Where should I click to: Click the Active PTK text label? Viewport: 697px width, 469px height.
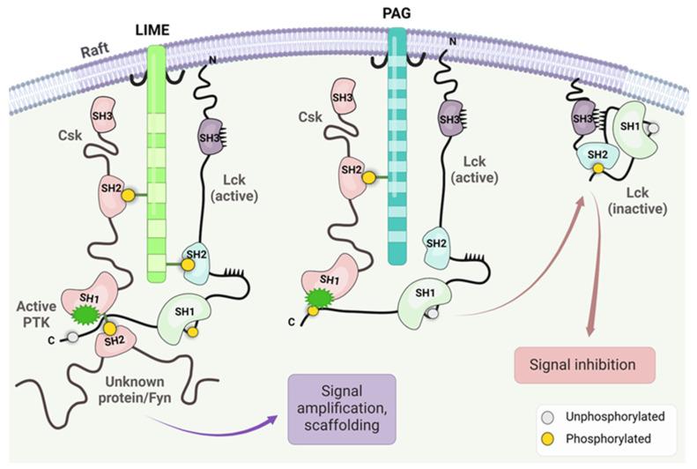[x=39, y=312]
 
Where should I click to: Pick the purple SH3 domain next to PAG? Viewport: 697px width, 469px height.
[x=449, y=119]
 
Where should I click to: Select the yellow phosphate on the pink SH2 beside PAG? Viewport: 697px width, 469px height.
[x=369, y=178]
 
